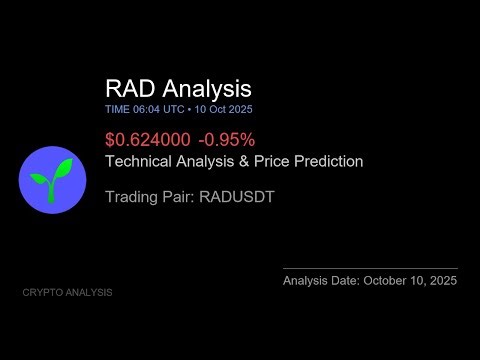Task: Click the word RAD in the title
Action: [x=130, y=89]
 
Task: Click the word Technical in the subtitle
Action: [x=139, y=161]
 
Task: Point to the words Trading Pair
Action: [x=146, y=197]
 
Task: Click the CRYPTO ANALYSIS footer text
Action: [x=67, y=293]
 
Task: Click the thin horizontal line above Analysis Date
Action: [x=370, y=268]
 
